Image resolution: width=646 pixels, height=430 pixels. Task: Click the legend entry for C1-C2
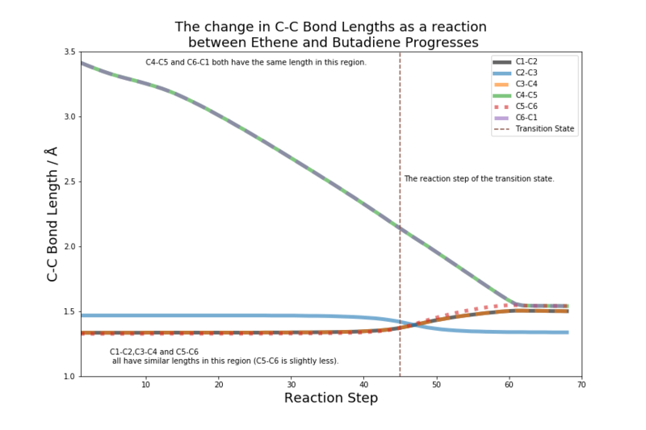tap(530, 61)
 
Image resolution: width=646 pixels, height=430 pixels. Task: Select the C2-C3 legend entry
tap(530, 72)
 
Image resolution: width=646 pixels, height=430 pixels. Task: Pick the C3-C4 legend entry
tap(530, 83)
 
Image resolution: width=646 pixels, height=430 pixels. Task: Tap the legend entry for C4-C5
tap(530, 94)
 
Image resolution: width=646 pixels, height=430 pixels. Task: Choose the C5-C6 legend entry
tap(530, 106)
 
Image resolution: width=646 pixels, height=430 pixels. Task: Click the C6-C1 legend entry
tap(530, 117)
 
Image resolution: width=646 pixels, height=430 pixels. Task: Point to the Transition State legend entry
tap(545, 128)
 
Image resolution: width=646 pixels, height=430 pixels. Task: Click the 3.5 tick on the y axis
tap(67, 52)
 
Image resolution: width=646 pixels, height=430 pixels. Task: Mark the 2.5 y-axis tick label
tap(67, 182)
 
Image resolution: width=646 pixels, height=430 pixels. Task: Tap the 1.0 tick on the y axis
tap(67, 376)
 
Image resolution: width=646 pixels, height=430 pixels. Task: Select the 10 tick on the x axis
tap(145, 385)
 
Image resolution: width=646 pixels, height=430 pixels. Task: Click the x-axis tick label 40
tap(363, 385)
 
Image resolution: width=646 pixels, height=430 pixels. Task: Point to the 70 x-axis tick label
tap(581, 385)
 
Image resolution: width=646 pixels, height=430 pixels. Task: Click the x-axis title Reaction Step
tap(331, 399)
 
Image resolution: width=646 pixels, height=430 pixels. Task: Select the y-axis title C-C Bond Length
tap(52, 214)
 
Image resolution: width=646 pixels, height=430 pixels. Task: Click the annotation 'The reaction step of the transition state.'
tap(479, 178)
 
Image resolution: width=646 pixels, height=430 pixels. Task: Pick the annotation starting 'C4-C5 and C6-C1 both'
tap(256, 62)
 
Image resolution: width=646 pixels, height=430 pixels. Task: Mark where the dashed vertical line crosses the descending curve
tap(400, 228)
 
